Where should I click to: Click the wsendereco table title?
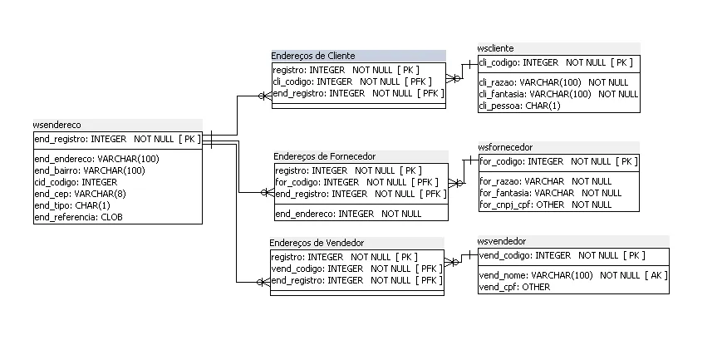pos(57,125)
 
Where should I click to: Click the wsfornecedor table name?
pos(505,147)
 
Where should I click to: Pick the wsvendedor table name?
pos(502,241)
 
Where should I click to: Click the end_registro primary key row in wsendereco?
pos(117,139)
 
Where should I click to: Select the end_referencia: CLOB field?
pos(78,217)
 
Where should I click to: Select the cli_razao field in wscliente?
pos(553,82)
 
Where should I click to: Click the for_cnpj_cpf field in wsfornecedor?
pos(545,205)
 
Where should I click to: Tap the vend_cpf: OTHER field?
pos(514,287)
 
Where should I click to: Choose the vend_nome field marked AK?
pos(573,275)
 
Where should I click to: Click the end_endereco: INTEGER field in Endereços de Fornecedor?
pos(348,214)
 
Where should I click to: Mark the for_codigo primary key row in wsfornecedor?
pos(557,161)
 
